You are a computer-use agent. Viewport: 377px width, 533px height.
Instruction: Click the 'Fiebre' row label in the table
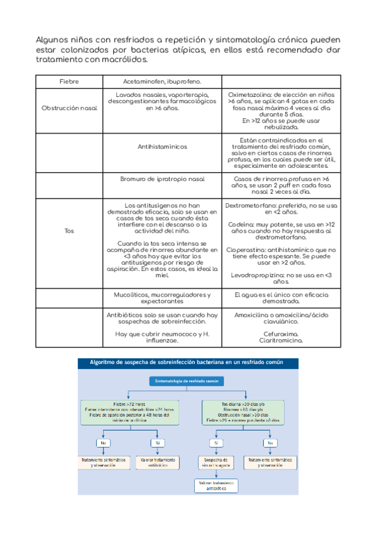tap(69, 82)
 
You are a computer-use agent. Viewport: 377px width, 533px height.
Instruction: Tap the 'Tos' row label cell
tap(69, 231)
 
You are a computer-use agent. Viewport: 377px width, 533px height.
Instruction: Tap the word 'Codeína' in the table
tap(240, 224)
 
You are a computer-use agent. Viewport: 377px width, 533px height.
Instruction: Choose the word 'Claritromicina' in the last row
tap(280, 340)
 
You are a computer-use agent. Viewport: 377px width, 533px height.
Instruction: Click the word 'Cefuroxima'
tap(281, 334)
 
